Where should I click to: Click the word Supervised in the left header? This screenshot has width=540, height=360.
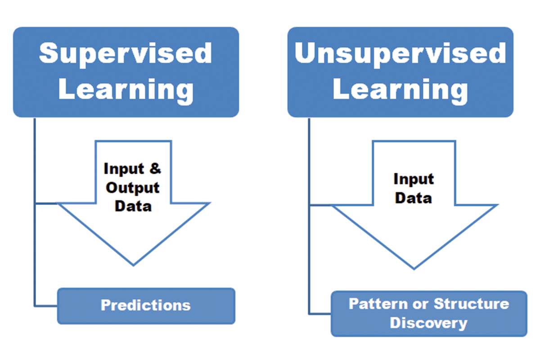tap(126, 54)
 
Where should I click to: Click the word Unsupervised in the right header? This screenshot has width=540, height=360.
tap(400, 54)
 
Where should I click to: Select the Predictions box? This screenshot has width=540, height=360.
tap(146, 306)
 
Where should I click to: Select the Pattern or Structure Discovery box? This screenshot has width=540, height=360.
tap(428, 314)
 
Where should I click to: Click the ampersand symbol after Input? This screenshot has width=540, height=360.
tap(154, 169)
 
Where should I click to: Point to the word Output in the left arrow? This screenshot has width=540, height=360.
tap(133, 187)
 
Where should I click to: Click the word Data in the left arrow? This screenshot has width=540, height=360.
tap(133, 206)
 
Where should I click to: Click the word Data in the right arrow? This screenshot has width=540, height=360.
tap(413, 198)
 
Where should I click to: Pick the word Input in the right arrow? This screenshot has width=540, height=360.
tap(413, 179)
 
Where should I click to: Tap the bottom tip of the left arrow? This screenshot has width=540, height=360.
tap(133, 264)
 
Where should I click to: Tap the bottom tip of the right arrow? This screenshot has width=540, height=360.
tap(414, 269)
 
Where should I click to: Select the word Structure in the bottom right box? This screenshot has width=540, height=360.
tap(471, 304)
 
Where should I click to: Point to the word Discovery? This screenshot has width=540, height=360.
tap(428, 323)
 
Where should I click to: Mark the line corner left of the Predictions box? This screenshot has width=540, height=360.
tap(35, 306)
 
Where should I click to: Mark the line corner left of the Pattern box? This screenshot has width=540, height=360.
tap(310, 313)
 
